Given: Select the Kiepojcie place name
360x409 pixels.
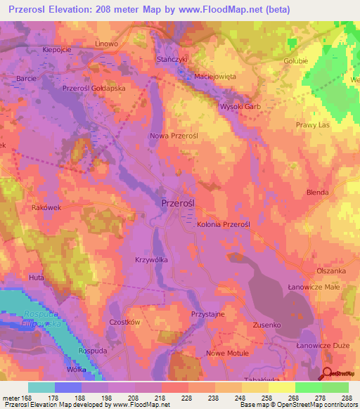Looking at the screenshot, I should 58,51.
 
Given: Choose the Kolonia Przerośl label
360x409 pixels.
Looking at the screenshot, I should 223,223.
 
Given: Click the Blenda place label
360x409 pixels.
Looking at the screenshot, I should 319,193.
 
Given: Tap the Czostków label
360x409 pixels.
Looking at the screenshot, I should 105,322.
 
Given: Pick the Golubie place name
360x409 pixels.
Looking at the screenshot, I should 315,60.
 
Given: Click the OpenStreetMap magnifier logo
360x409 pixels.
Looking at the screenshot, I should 328,374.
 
